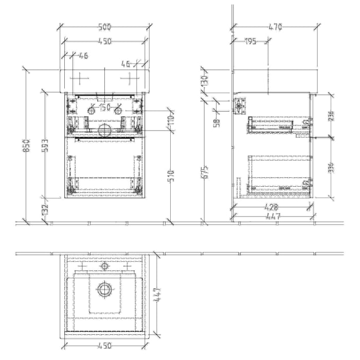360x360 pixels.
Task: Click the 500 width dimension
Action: (105, 27)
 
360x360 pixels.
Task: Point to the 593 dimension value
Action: (46, 146)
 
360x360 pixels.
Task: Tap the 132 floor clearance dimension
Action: (46, 209)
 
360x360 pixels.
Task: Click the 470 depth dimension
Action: (275, 27)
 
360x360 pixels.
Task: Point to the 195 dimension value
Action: (250, 42)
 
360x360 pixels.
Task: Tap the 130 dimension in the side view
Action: (204, 81)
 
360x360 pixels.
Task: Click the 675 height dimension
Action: (204, 172)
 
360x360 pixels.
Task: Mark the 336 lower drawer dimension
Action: (332, 168)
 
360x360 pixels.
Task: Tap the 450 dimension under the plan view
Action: (105, 346)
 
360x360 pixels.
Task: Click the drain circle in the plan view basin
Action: (105, 290)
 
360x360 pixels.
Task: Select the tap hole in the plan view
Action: (104, 266)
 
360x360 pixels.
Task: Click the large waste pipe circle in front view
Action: (104, 131)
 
